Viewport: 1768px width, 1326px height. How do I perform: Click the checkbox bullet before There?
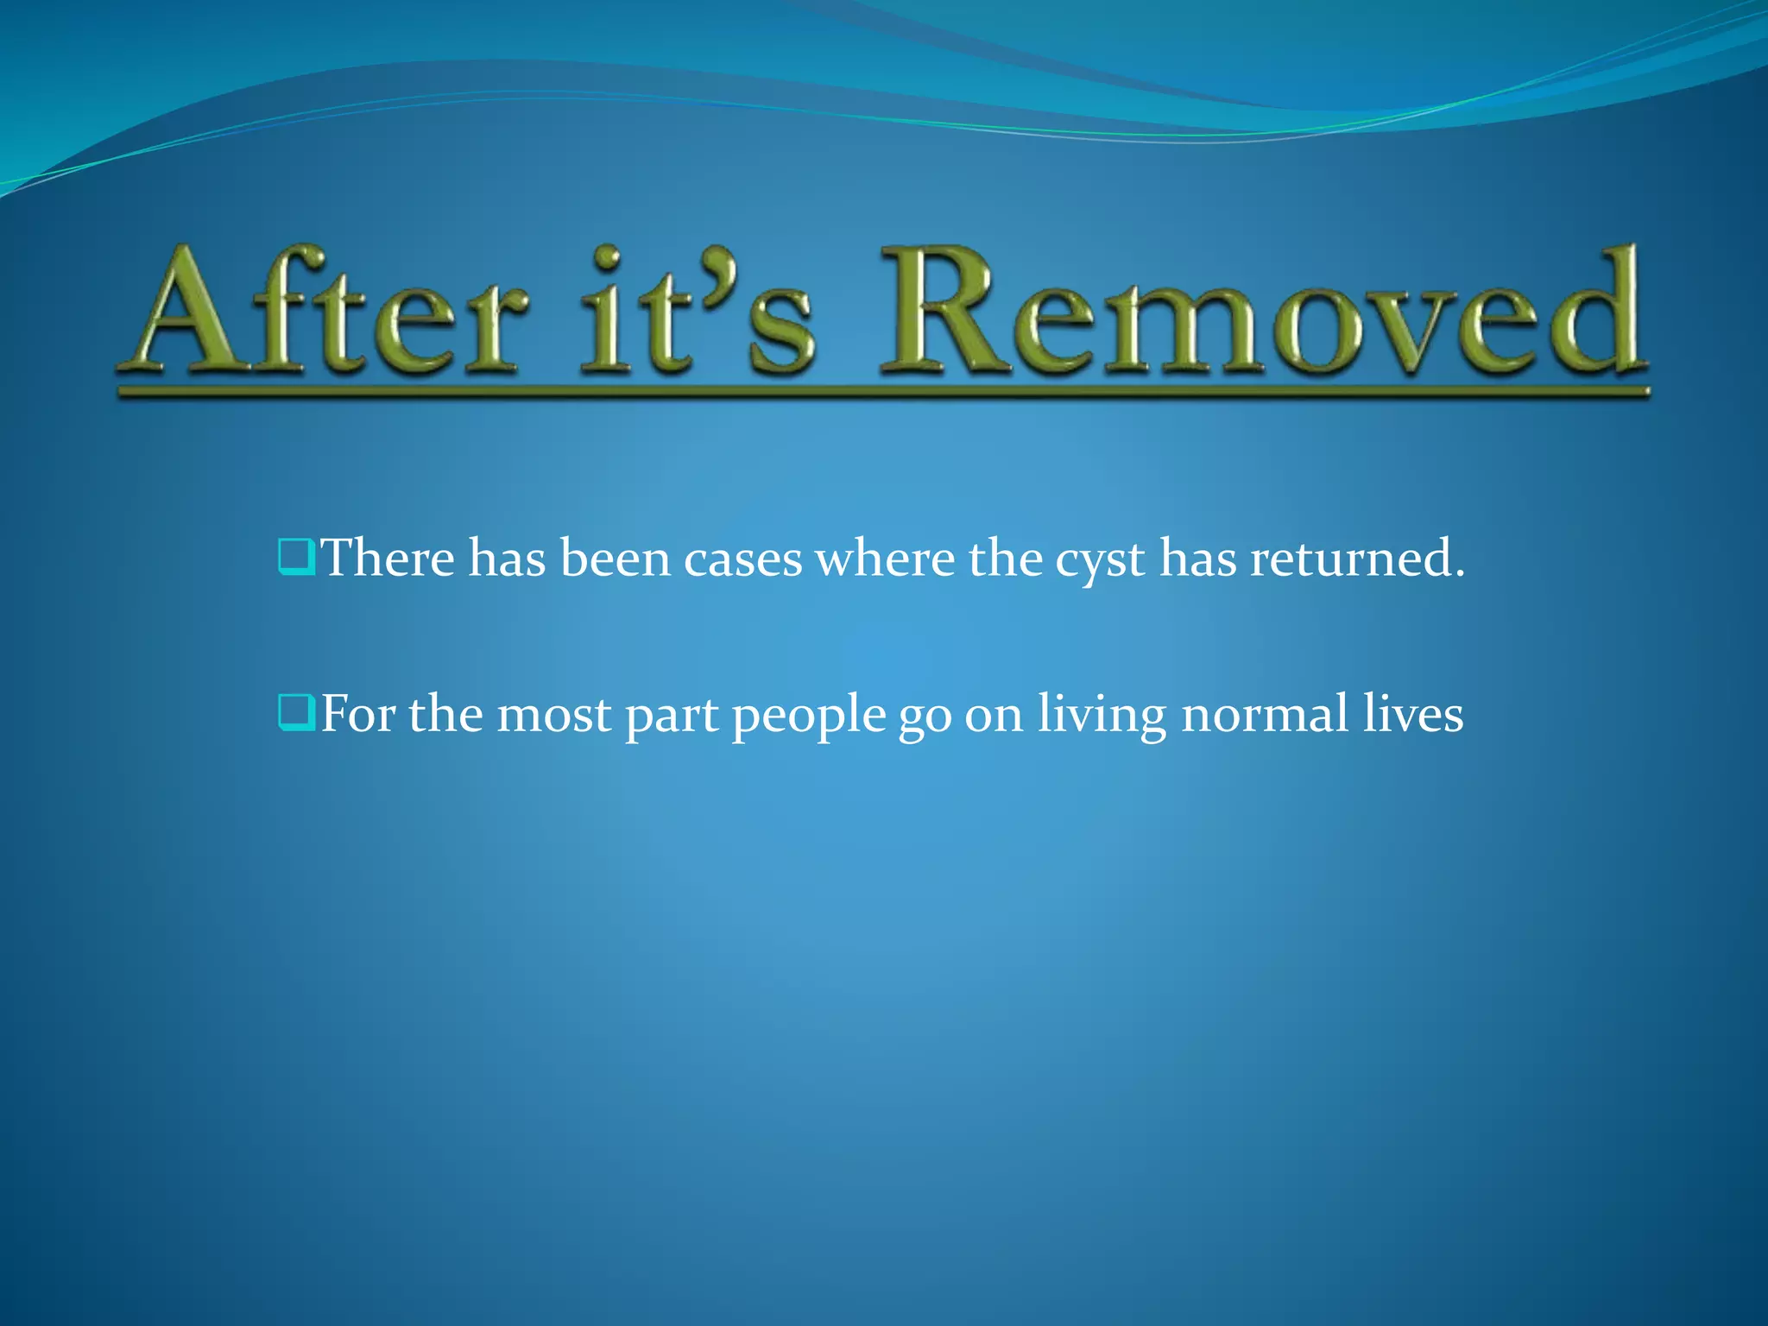click(296, 558)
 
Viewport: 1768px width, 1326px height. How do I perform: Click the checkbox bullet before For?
click(296, 714)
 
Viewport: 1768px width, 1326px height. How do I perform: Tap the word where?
click(885, 558)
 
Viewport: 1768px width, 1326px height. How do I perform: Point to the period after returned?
click(1459, 573)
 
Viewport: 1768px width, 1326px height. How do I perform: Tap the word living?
click(1102, 716)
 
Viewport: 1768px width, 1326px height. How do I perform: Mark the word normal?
click(1265, 714)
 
